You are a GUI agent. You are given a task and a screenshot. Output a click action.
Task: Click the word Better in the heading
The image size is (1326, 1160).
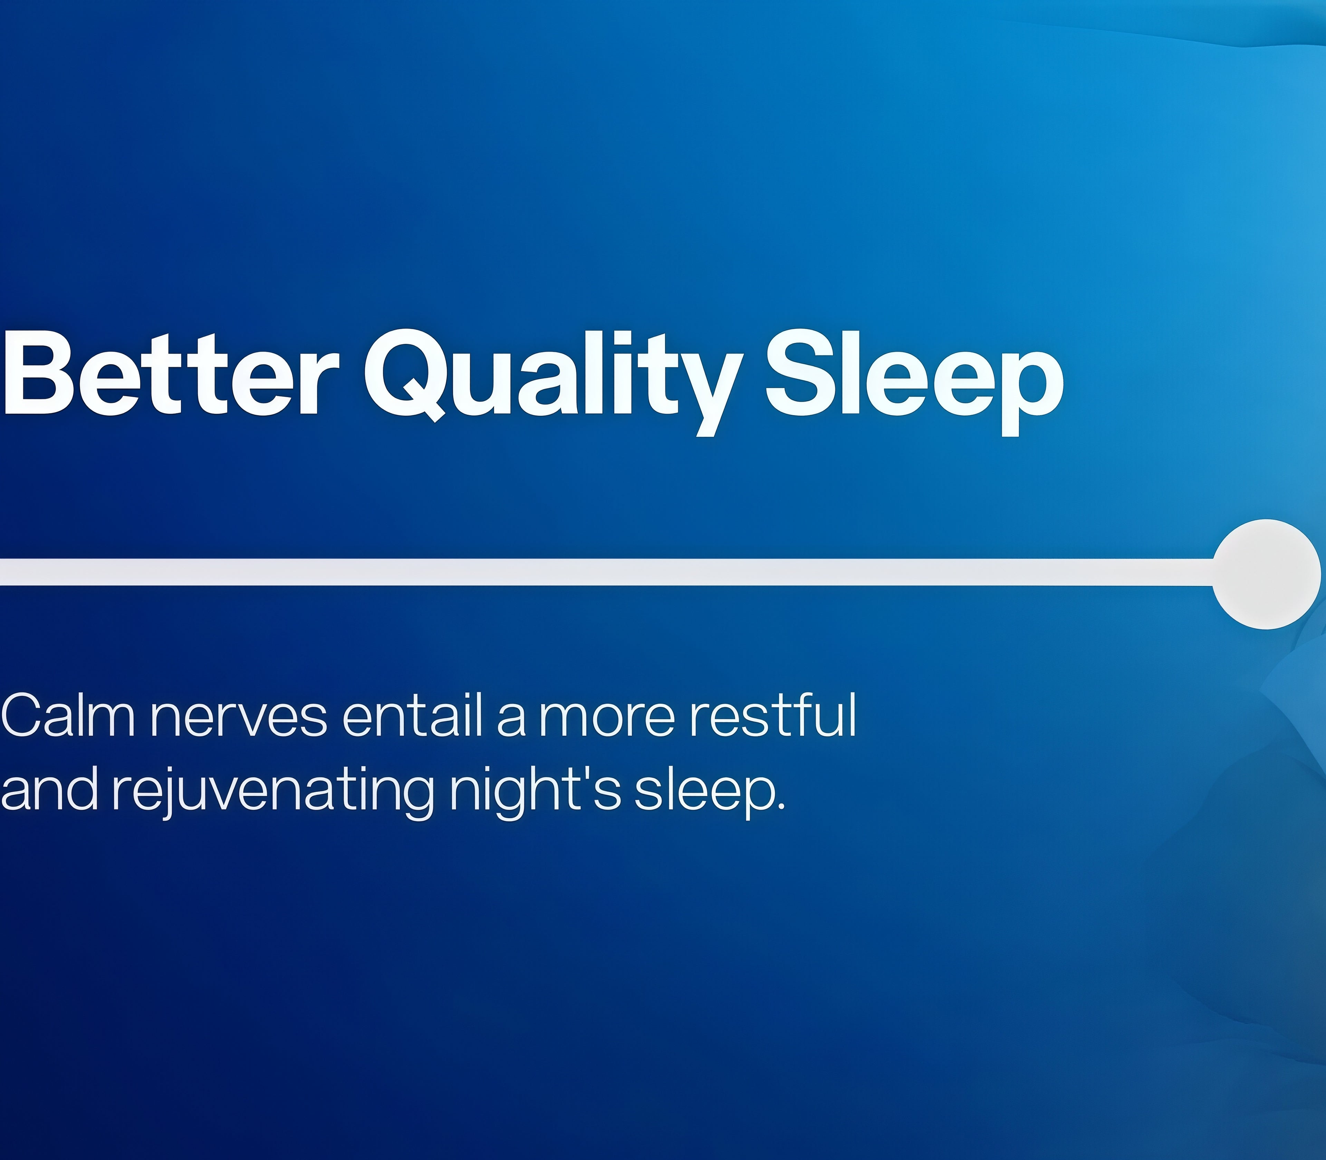click(170, 374)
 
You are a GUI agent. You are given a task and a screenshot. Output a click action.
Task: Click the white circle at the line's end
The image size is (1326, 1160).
click(1266, 574)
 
